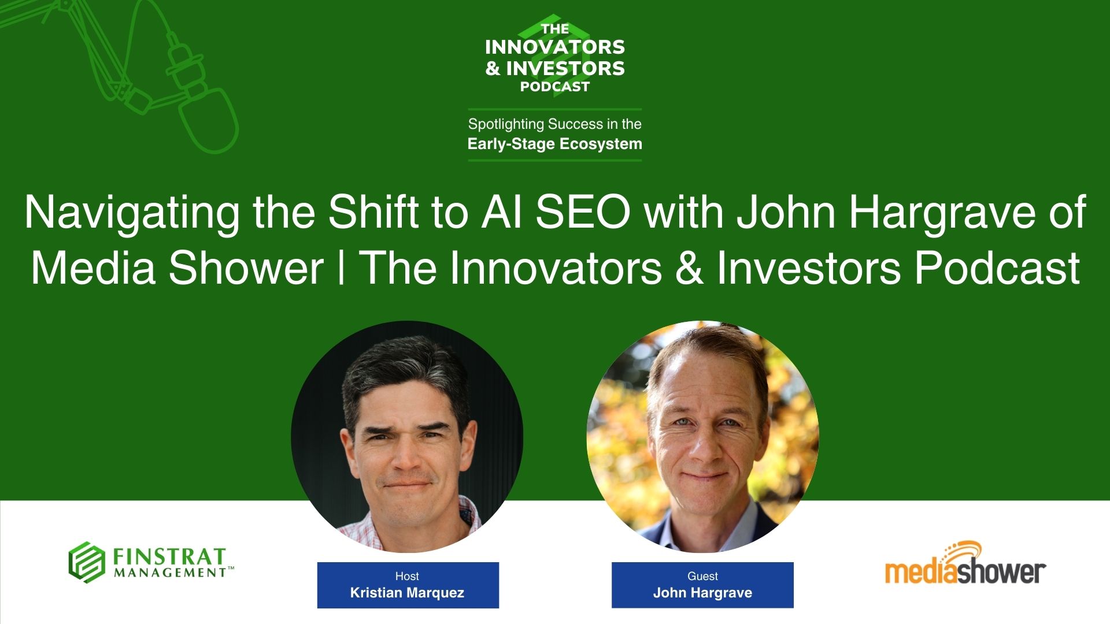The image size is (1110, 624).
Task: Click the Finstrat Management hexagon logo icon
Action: pos(87,562)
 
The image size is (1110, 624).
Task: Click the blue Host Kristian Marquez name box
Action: pos(408,585)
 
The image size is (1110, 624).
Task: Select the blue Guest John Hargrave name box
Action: pos(702,585)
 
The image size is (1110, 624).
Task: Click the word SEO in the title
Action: pos(583,213)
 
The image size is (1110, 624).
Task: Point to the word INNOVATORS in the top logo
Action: pos(555,47)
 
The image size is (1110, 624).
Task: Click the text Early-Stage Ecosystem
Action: pos(555,144)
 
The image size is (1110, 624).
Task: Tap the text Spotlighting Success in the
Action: pos(555,124)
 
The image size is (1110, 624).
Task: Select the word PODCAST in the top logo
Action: pos(555,87)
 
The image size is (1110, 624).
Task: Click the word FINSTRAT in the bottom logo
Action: pos(169,556)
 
